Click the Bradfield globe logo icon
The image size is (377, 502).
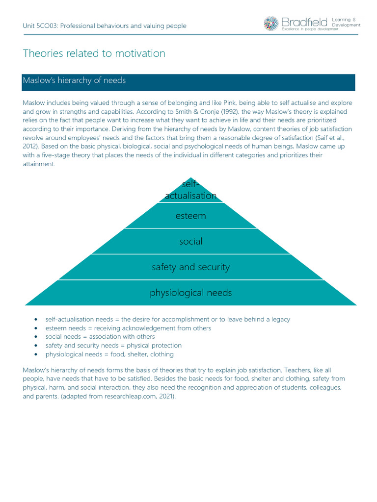(270, 23)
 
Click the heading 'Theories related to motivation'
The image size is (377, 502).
(94, 53)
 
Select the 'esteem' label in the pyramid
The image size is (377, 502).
(190, 216)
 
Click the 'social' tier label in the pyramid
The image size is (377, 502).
(190, 241)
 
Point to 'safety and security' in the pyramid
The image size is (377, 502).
(190, 267)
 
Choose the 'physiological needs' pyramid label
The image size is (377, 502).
(190, 293)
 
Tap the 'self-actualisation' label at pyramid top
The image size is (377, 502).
(190, 190)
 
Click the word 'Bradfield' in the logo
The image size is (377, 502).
(304, 22)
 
